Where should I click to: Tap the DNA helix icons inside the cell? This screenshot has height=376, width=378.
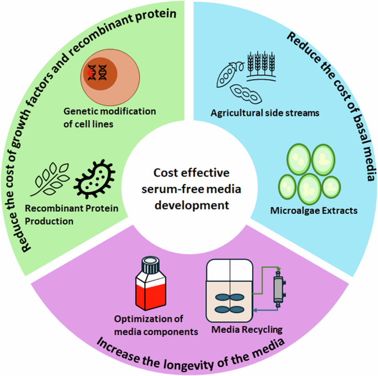[99, 72]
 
